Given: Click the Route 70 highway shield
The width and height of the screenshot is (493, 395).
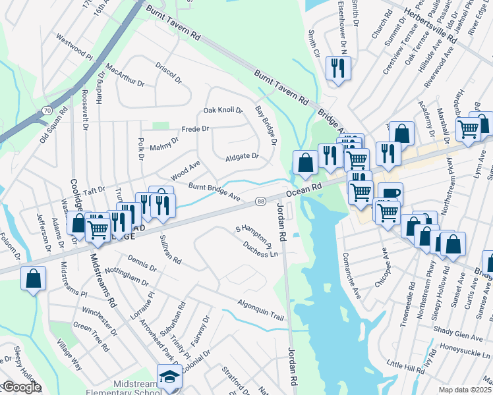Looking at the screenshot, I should coord(45,111).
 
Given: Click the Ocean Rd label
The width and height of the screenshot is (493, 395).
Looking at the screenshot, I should coord(303,190).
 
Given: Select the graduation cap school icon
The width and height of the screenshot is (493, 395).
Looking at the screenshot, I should coord(169,377).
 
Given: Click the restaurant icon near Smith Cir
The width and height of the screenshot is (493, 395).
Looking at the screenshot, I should coord(338,68).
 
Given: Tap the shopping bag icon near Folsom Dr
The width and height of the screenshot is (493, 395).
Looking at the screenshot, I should coord(34,278).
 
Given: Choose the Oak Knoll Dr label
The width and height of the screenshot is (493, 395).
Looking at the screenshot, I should coord(223,110).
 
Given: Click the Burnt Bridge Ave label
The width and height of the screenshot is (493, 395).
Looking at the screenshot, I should coord(214,192).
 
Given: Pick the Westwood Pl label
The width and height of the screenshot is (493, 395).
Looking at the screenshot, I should coord(74,47).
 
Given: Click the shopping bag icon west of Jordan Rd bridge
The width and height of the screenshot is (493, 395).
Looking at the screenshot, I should coord(304,163).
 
